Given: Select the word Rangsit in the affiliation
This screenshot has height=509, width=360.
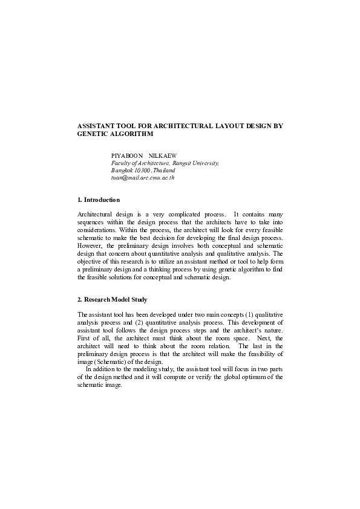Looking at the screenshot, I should click(186, 163).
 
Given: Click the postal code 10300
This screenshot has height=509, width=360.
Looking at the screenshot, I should click(144, 170).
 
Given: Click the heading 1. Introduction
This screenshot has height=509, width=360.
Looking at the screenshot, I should click(99, 199).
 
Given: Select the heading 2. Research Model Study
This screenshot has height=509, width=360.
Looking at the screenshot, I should click(113, 300).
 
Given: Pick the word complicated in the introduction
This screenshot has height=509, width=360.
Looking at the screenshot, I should click(188, 215).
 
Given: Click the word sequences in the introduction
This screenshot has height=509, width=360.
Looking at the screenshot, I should click(92, 222).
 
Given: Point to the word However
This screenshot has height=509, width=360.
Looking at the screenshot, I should click(91, 246).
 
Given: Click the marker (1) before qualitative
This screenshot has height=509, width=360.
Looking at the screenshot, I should click(240, 315).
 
